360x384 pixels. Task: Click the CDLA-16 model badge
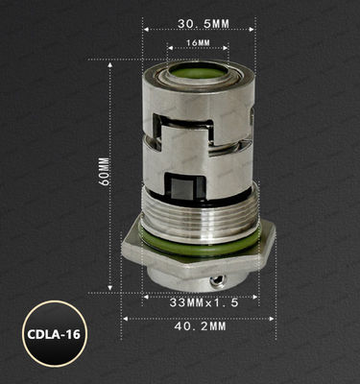(55, 337)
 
